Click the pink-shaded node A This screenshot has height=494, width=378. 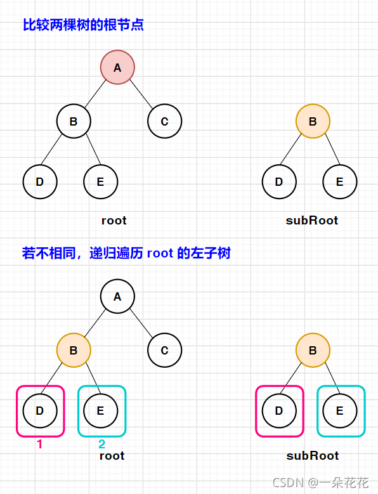(x=117, y=67)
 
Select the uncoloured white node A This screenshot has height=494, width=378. (x=117, y=296)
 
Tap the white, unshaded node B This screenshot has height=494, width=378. (x=74, y=121)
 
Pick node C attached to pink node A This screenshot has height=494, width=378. (x=165, y=121)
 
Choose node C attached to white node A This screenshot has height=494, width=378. (x=165, y=350)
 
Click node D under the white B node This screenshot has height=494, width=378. (x=40, y=182)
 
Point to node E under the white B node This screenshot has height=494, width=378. (x=100, y=182)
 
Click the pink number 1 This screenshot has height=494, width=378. (x=39, y=445)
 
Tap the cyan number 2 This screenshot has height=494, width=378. (x=101, y=445)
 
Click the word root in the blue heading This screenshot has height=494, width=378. (x=160, y=254)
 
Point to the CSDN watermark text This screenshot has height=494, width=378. (x=320, y=483)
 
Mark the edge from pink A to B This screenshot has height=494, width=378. (x=95, y=94)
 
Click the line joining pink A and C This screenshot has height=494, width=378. (x=141, y=94)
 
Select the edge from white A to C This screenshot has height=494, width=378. (x=141, y=323)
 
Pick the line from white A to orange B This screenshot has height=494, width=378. (x=95, y=323)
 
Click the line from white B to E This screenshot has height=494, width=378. (x=88, y=152)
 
